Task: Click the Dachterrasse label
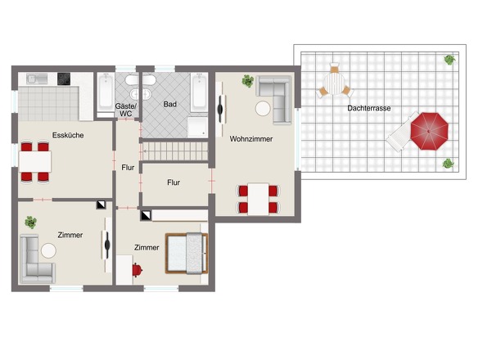pos(368,108)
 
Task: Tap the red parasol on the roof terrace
pos(429,132)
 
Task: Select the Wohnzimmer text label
pos(251,139)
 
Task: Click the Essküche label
pos(68,135)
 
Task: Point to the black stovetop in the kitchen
pos(64,79)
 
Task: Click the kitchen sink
pos(37,79)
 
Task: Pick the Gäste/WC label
pos(126,110)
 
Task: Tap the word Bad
pos(169,105)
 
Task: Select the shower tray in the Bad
pos(197,127)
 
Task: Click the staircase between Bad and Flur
pos(174,151)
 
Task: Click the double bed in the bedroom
pos(187,254)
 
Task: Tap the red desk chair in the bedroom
pos(137,270)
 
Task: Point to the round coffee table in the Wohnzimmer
pos(263,109)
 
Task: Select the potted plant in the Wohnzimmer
pos(248,81)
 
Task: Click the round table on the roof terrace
pos(334,83)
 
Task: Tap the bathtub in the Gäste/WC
pos(106,92)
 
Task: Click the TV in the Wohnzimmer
pos(220,110)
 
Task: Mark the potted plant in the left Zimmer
pos(31,222)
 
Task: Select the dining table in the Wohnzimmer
pos(258,200)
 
